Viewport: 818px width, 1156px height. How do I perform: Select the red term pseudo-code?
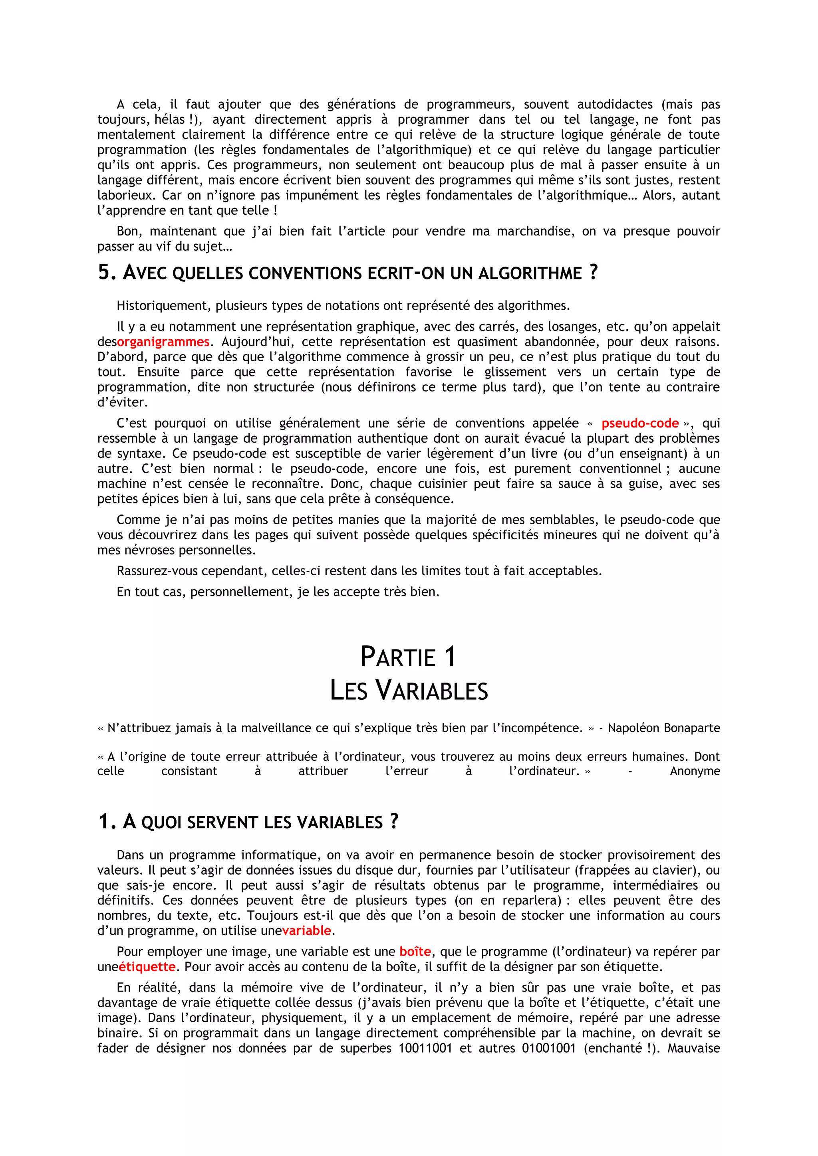[x=640, y=424]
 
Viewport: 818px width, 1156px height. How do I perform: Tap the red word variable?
[x=306, y=931]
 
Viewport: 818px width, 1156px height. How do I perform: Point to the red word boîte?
[x=415, y=952]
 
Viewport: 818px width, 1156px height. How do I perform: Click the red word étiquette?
[x=147, y=967]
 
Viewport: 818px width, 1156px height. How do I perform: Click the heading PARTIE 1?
[x=408, y=657]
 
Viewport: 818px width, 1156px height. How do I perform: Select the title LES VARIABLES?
[x=409, y=690]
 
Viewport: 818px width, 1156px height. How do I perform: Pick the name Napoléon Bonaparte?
[x=663, y=728]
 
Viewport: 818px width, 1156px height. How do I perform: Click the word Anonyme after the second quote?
[x=695, y=771]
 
